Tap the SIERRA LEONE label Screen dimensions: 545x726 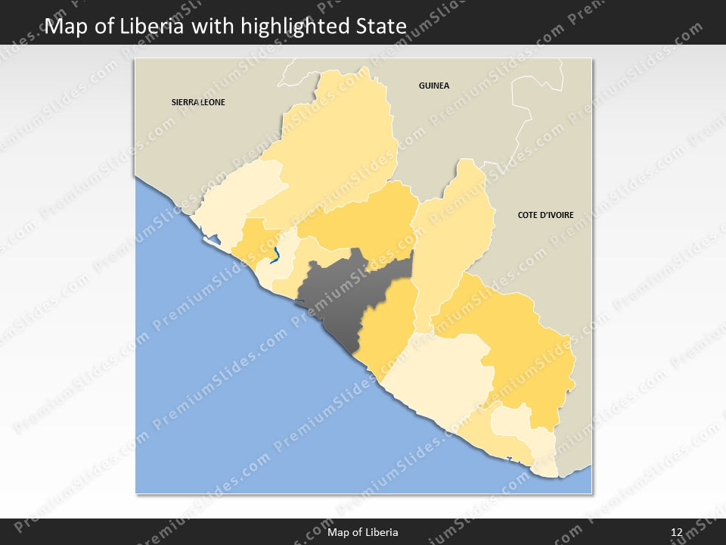point(198,101)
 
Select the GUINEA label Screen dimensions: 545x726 point(434,86)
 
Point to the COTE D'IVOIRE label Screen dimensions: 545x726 point(545,215)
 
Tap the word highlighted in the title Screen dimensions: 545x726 point(295,26)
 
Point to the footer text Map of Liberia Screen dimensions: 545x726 point(363,532)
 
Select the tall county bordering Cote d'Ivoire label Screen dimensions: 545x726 point(454,235)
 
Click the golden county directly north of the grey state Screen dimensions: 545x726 point(363,220)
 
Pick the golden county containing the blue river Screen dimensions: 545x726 point(253,242)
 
